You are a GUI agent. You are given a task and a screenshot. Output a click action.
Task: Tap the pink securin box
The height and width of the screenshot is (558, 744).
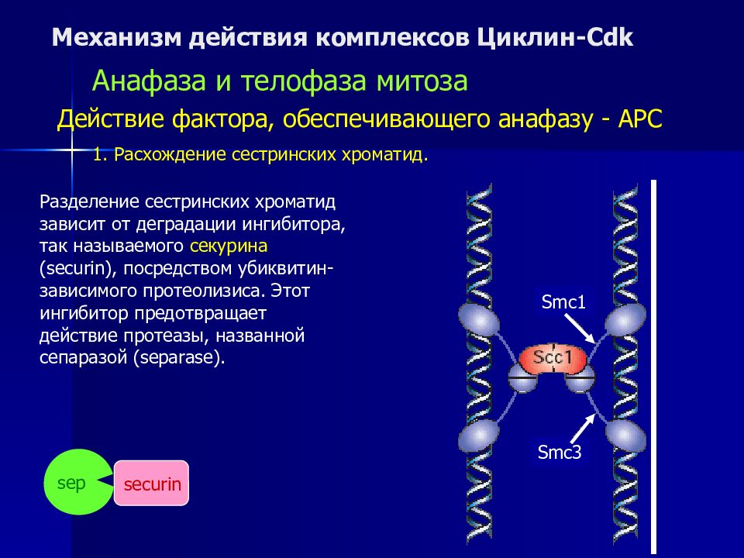151,483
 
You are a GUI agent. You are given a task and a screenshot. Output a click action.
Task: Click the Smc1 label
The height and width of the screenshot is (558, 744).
563,301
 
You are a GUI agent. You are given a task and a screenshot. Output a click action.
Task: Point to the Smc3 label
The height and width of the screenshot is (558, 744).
560,452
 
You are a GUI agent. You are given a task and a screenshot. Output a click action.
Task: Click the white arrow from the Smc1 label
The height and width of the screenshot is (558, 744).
580,329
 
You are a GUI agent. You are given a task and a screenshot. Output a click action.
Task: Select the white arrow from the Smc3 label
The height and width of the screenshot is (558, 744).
583,428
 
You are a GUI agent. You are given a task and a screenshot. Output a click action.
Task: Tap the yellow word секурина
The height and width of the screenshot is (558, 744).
228,246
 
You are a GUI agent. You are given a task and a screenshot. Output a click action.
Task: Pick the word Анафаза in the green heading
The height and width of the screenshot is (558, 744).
149,81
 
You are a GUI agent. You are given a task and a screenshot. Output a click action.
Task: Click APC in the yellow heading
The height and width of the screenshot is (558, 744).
640,119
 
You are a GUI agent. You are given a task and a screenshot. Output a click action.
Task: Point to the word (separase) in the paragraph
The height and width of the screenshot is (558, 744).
179,357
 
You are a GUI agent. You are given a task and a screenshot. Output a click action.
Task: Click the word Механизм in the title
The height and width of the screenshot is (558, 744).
116,37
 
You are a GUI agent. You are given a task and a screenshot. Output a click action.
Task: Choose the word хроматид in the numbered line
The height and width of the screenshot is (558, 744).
385,155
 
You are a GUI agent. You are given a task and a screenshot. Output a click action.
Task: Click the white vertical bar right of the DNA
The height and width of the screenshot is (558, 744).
653,367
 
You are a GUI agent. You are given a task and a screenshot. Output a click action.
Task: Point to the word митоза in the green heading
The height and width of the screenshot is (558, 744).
422,81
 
